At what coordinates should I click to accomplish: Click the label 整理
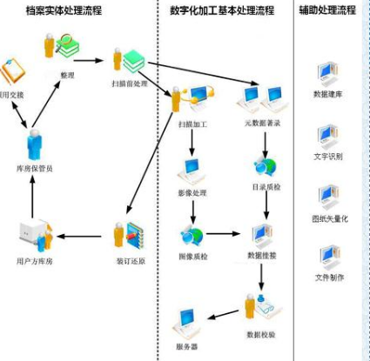(x=66, y=76)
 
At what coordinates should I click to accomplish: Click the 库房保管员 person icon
(x=34, y=144)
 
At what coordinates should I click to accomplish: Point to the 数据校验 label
(x=262, y=333)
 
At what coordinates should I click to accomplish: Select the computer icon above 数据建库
(x=328, y=73)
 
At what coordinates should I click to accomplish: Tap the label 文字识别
(x=328, y=157)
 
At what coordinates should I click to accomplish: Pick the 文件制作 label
(x=328, y=278)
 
